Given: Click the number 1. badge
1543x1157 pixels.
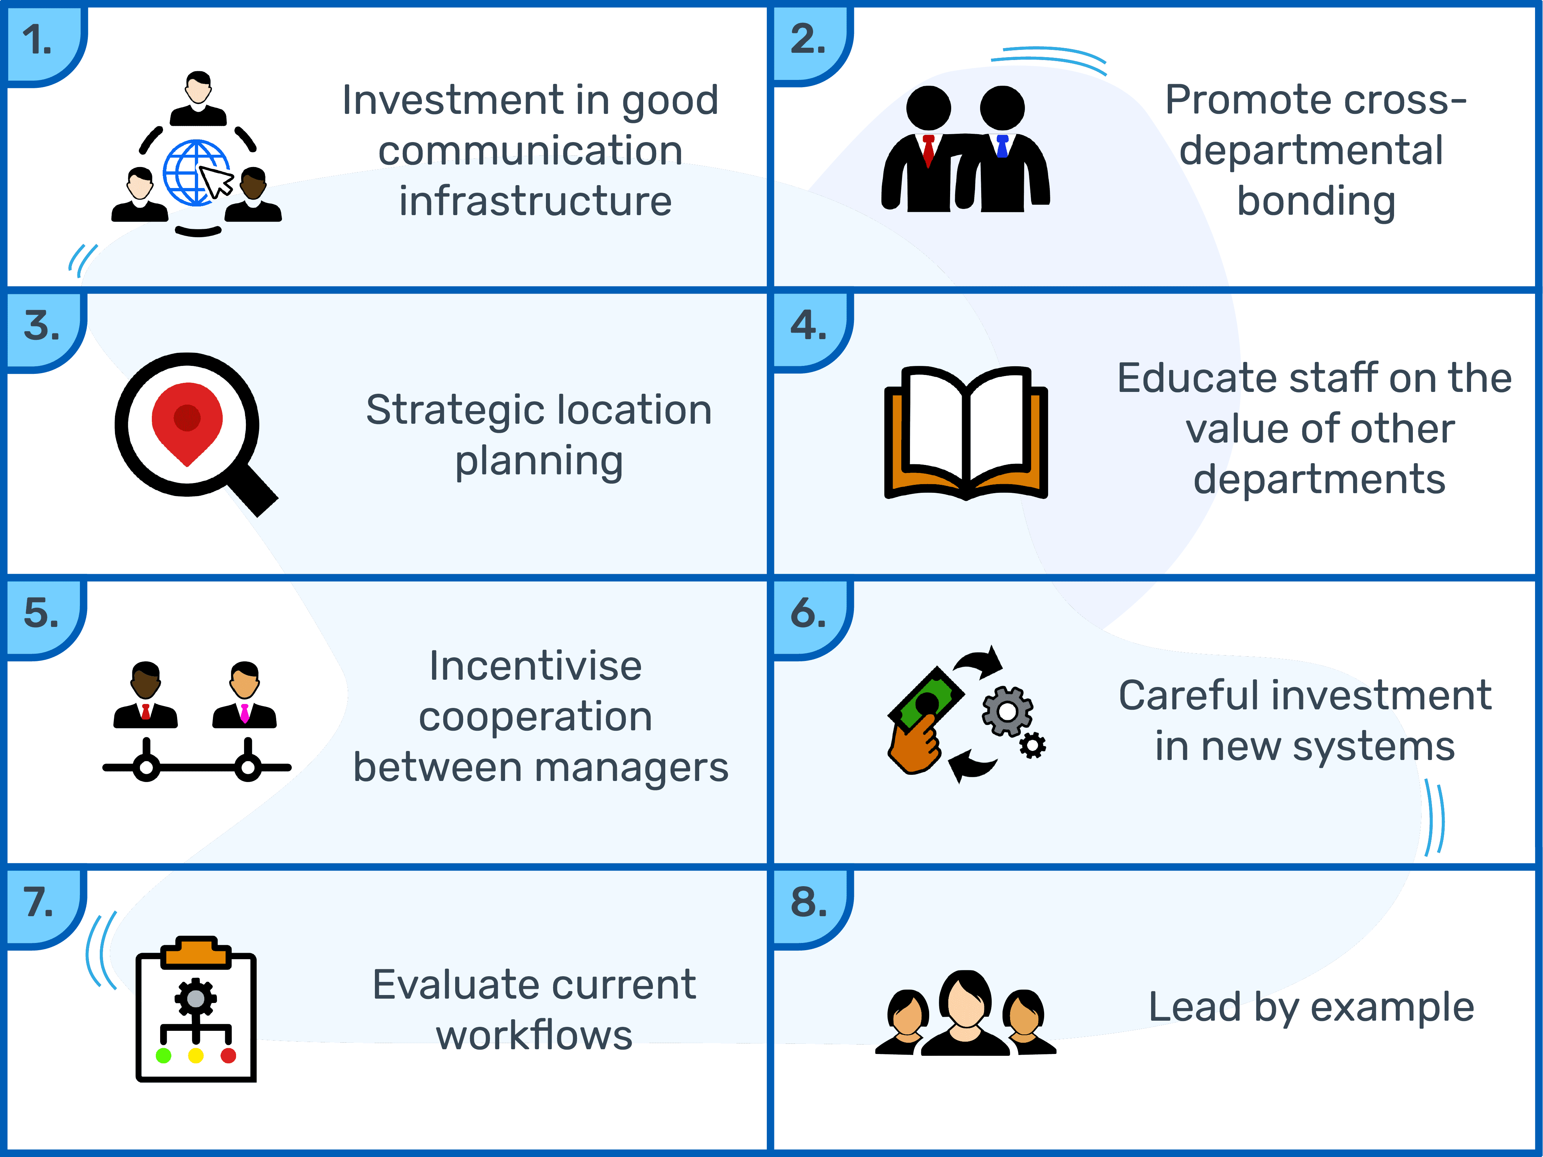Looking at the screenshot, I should pyautogui.click(x=38, y=40).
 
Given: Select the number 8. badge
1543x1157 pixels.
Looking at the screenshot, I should pyautogui.click(x=808, y=902).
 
